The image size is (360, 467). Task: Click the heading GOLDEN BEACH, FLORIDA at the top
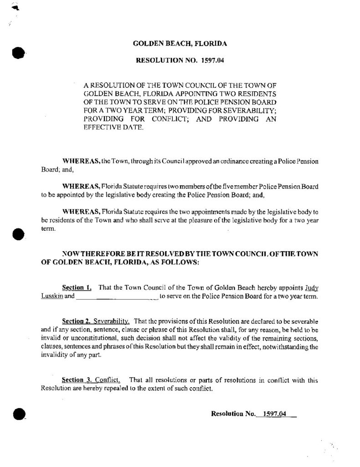[180, 44]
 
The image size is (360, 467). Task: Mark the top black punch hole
[18, 52]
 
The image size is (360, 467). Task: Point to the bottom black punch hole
[18, 414]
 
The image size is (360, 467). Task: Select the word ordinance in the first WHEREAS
[200, 162]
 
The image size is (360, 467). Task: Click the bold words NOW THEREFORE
[92, 253]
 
